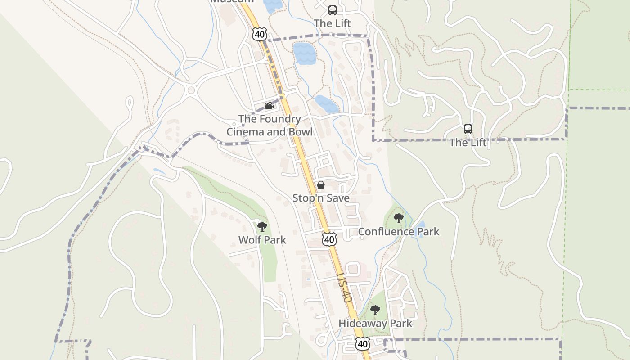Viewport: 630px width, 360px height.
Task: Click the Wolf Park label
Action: pos(262,240)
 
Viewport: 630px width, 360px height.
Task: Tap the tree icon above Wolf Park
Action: pos(262,227)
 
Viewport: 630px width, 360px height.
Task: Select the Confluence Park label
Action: pos(398,232)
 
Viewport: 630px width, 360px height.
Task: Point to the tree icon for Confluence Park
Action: pos(398,219)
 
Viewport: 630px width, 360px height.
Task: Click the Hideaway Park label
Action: pos(375,323)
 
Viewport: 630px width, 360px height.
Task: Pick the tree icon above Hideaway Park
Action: pos(375,310)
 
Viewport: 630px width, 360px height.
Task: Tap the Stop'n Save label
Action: pos(321,198)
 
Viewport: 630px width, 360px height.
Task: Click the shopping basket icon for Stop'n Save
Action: pos(321,185)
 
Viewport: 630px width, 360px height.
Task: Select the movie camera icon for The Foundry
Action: pos(269,106)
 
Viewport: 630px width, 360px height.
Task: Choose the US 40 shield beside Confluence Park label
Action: pos(329,239)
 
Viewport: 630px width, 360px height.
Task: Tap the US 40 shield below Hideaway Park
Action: pos(363,344)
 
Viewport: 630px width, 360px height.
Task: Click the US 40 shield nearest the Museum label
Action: pos(259,34)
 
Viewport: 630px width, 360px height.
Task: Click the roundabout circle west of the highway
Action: pos(191,90)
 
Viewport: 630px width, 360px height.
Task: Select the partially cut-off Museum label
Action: pos(232,1)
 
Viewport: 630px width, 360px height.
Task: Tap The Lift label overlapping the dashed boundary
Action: pos(468,143)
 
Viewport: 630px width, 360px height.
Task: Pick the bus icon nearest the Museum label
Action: pos(333,10)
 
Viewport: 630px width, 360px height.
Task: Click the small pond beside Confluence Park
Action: pos(420,225)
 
